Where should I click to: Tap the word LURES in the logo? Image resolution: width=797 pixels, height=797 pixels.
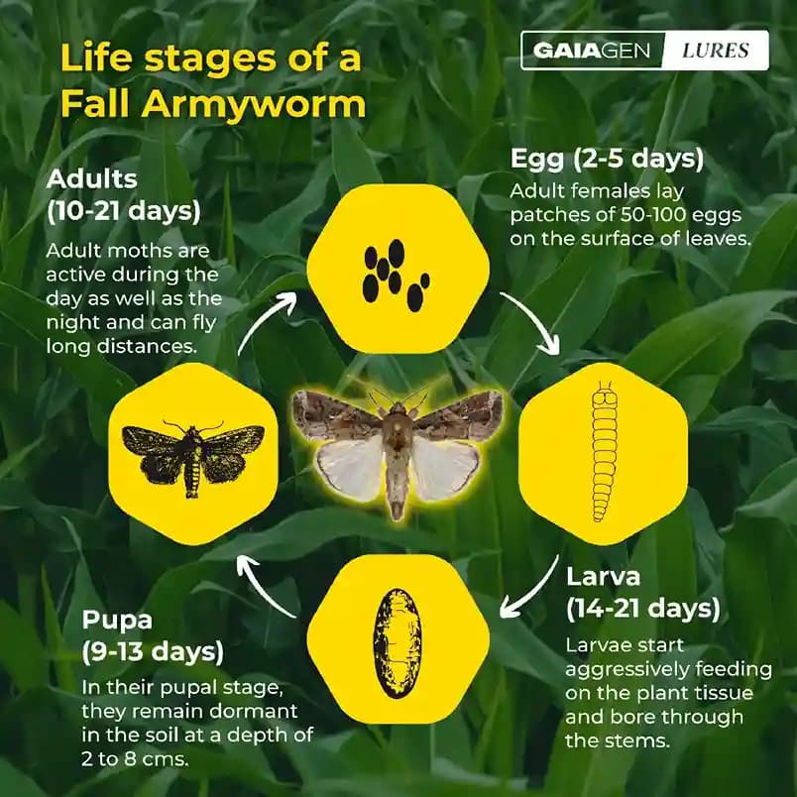click(x=716, y=50)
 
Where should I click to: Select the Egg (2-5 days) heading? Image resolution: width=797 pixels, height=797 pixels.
click(x=607, y=159)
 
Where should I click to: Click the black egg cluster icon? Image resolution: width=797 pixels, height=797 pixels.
click(x=396, y=272)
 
